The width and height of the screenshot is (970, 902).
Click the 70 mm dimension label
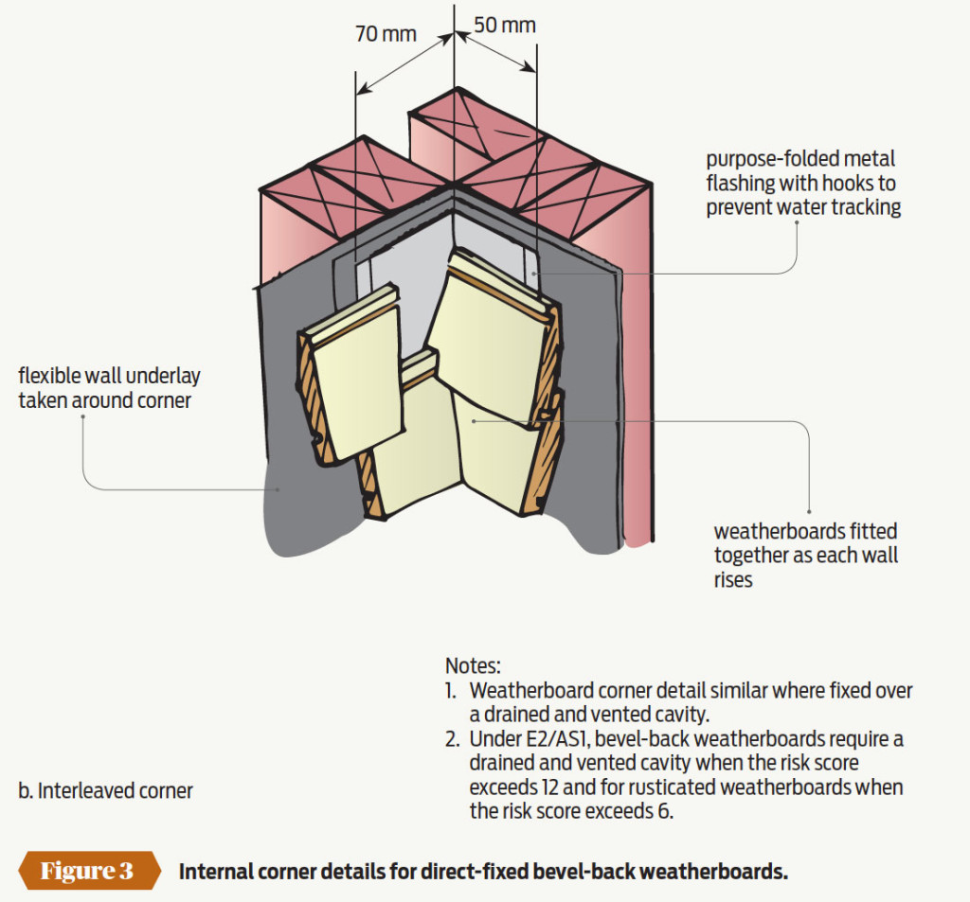click(386, 34)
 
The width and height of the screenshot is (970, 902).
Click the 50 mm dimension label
click(504, 24)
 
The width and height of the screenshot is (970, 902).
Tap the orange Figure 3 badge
click(87, 871)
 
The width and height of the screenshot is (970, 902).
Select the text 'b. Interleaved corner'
click(105, 790)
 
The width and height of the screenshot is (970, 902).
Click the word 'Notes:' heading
click(473, 665)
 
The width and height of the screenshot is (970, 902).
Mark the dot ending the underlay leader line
click(278, 488)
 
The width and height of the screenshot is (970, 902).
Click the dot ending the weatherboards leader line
click(471, 416)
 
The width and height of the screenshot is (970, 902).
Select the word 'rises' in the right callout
click(733, 579)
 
